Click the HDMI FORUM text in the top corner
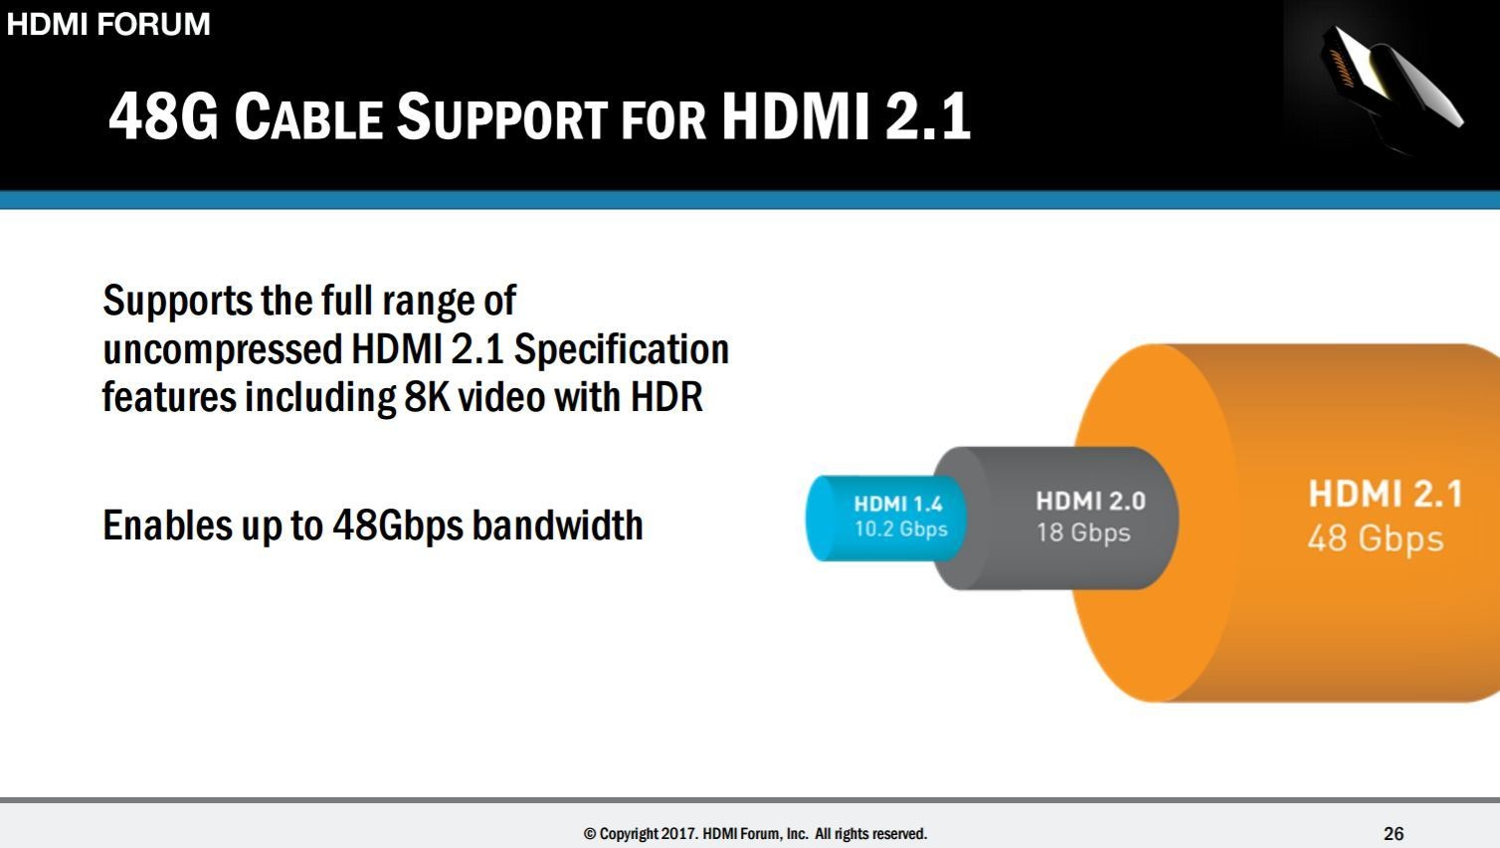108,24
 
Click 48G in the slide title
162,115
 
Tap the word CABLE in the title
308,117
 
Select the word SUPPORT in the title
501,117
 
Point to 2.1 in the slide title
927,115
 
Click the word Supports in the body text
177,302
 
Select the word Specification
621,349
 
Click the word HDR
666,397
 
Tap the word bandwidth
557,526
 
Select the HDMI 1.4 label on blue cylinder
897,505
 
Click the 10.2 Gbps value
900,530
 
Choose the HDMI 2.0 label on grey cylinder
1090,501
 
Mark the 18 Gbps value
1083,532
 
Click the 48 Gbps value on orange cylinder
1375,538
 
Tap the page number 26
1394,833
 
